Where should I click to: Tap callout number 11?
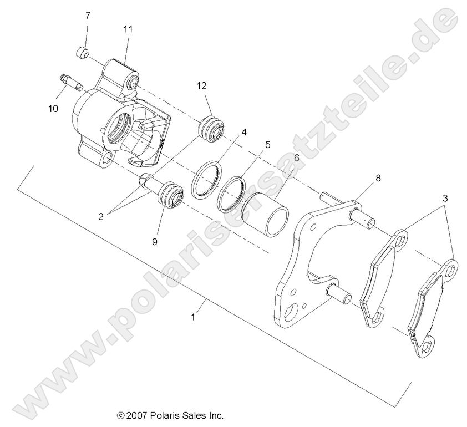128,29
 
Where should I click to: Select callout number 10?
53,109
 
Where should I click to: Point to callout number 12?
201,85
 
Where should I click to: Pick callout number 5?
267,145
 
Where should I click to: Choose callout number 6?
297,157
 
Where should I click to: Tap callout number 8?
378,178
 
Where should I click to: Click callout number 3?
445,198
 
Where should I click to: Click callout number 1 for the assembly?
193,317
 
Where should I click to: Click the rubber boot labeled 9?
170,196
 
